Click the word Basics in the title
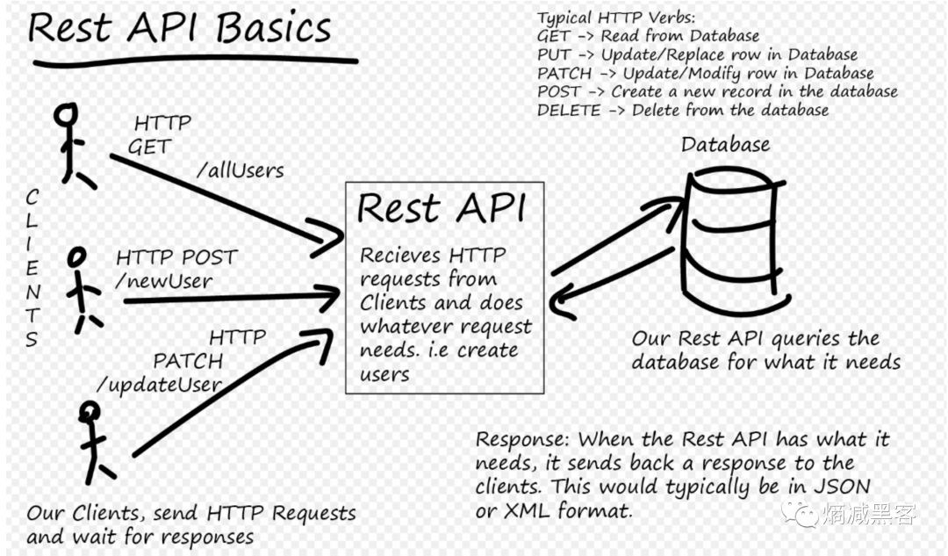click(273, 28)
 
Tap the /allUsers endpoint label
click(240, 170)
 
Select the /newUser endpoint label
click(164, 281)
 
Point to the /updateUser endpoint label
click(160, 385)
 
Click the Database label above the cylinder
click(726, 145)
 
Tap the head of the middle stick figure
click(76, 256)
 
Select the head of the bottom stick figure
click(90, 411)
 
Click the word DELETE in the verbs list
click(569, 111)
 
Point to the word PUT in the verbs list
click(554, 55)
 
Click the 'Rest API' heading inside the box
click(442, 209)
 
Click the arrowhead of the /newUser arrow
click(328, 297)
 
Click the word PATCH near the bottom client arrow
click(188, 361)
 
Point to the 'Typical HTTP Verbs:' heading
click(617, 18)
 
